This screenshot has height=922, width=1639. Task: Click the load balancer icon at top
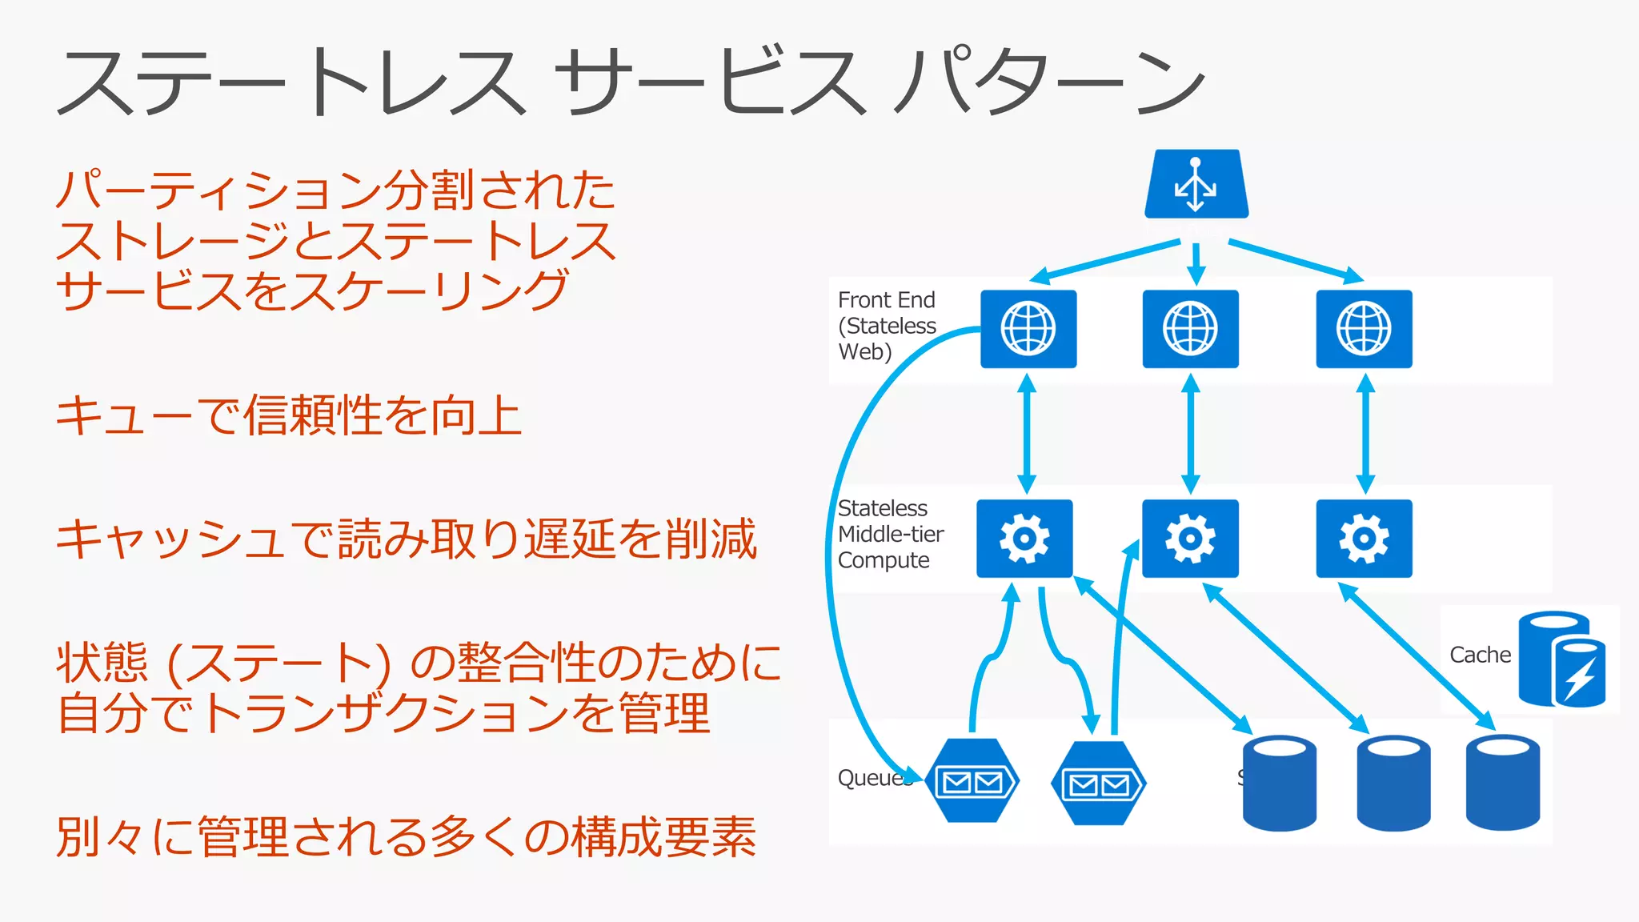pos(1196,184)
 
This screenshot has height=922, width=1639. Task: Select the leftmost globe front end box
pos(1028,329)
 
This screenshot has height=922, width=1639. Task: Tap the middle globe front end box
pos(1190,329)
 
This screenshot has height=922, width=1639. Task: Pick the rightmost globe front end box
pos(1364,329)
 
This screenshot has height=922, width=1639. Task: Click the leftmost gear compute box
pos(1024,539)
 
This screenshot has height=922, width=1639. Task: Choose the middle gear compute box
pos(1190,539)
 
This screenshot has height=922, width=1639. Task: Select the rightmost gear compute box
pos(1364,539)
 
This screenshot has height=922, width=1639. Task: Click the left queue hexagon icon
pos(972,781)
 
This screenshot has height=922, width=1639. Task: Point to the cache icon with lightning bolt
pos(1562,659)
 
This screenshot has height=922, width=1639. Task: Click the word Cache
pos(1480,655)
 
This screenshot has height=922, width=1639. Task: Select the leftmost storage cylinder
pos(1279,784)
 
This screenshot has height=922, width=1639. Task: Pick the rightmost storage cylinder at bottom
pos(1502,784)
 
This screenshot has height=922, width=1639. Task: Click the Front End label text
pos(886,300)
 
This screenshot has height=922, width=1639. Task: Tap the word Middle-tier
pos(891,534)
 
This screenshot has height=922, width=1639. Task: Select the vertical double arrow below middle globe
pos(1191,434)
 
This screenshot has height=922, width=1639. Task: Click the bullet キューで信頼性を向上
pos(288,415)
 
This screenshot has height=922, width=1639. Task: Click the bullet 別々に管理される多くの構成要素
pos(406,837)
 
